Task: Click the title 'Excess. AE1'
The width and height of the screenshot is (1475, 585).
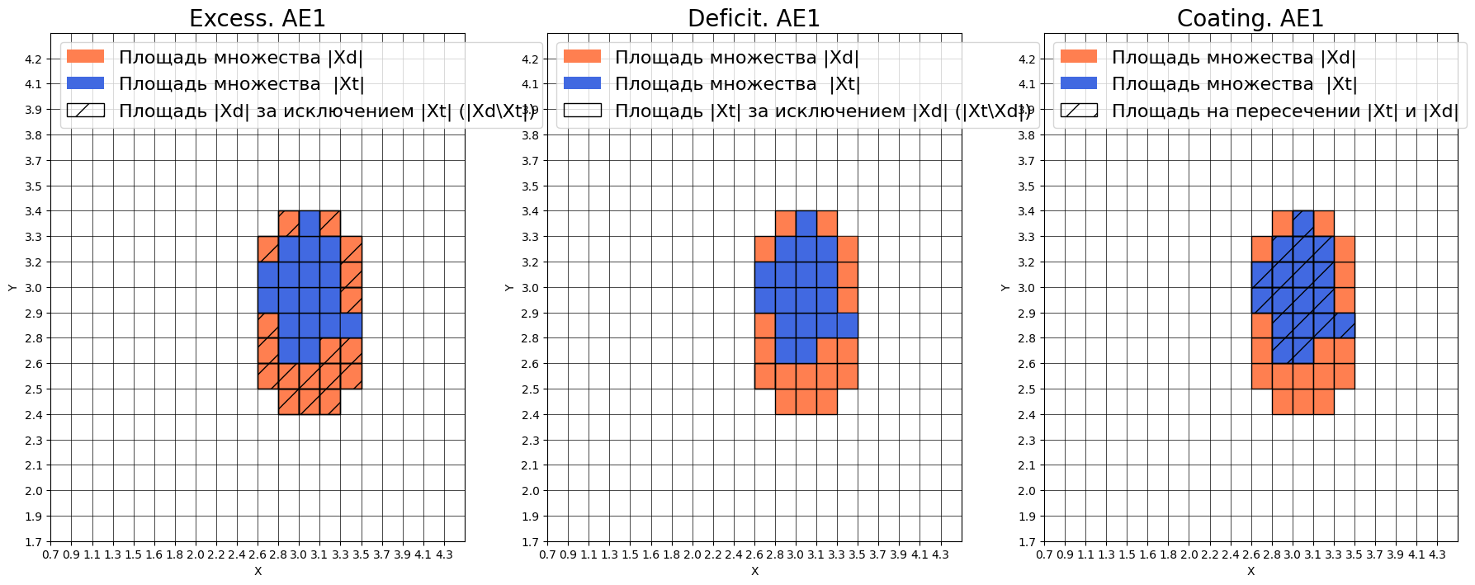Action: tap(258, 18)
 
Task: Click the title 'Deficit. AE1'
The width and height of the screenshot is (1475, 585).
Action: tap(754, 18)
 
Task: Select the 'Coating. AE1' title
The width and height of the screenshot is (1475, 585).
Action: tap(1250, 18)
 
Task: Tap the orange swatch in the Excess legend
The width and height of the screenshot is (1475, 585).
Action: tap(85, 57)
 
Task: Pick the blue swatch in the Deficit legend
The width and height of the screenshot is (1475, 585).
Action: tap(582, 83)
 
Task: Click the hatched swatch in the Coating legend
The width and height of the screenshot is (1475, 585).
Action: tap(1079, 111)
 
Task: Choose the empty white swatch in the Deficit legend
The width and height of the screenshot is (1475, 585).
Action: tap(582, 111)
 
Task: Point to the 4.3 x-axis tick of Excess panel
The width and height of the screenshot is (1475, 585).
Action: tap(444, 555)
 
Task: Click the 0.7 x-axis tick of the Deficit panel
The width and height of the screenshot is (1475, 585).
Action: tap(548, 555)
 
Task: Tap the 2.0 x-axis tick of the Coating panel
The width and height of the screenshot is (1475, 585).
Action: tap(1189, 555)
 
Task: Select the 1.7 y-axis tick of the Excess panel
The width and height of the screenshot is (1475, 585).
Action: tap(33, 542)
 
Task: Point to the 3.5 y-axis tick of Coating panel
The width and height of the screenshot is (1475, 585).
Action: tap(1026, 186)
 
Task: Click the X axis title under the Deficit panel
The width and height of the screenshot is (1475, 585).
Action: tap(754, 571)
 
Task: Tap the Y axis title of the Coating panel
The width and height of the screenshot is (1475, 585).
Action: tap(1005, 288)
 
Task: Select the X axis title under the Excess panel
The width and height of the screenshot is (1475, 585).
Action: tap(258, 571)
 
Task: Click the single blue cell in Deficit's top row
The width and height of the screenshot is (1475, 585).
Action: tap(806, 224)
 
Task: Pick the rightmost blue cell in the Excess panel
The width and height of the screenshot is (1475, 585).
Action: tap(351, 326)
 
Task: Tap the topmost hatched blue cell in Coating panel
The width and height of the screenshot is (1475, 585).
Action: tap(1302, 224)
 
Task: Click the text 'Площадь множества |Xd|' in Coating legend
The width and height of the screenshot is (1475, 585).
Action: tap(1233, 57)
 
